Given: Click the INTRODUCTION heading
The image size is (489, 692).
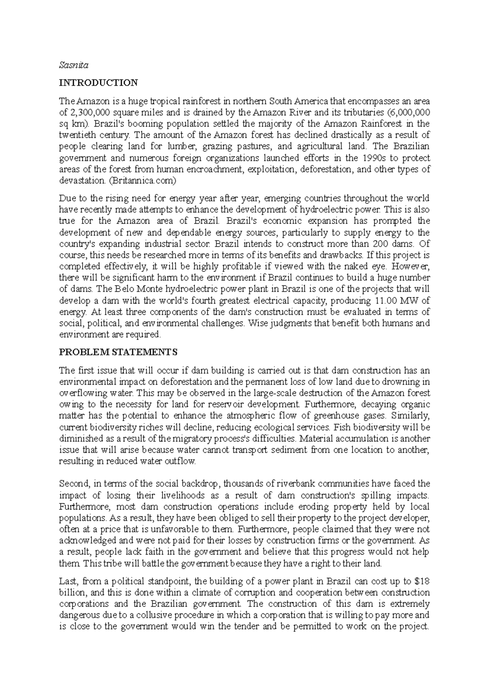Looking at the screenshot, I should click(99, 83).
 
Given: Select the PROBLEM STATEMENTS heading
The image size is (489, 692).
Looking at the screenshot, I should click(118, 352).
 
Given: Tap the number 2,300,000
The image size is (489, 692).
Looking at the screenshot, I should click(87, 112).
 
